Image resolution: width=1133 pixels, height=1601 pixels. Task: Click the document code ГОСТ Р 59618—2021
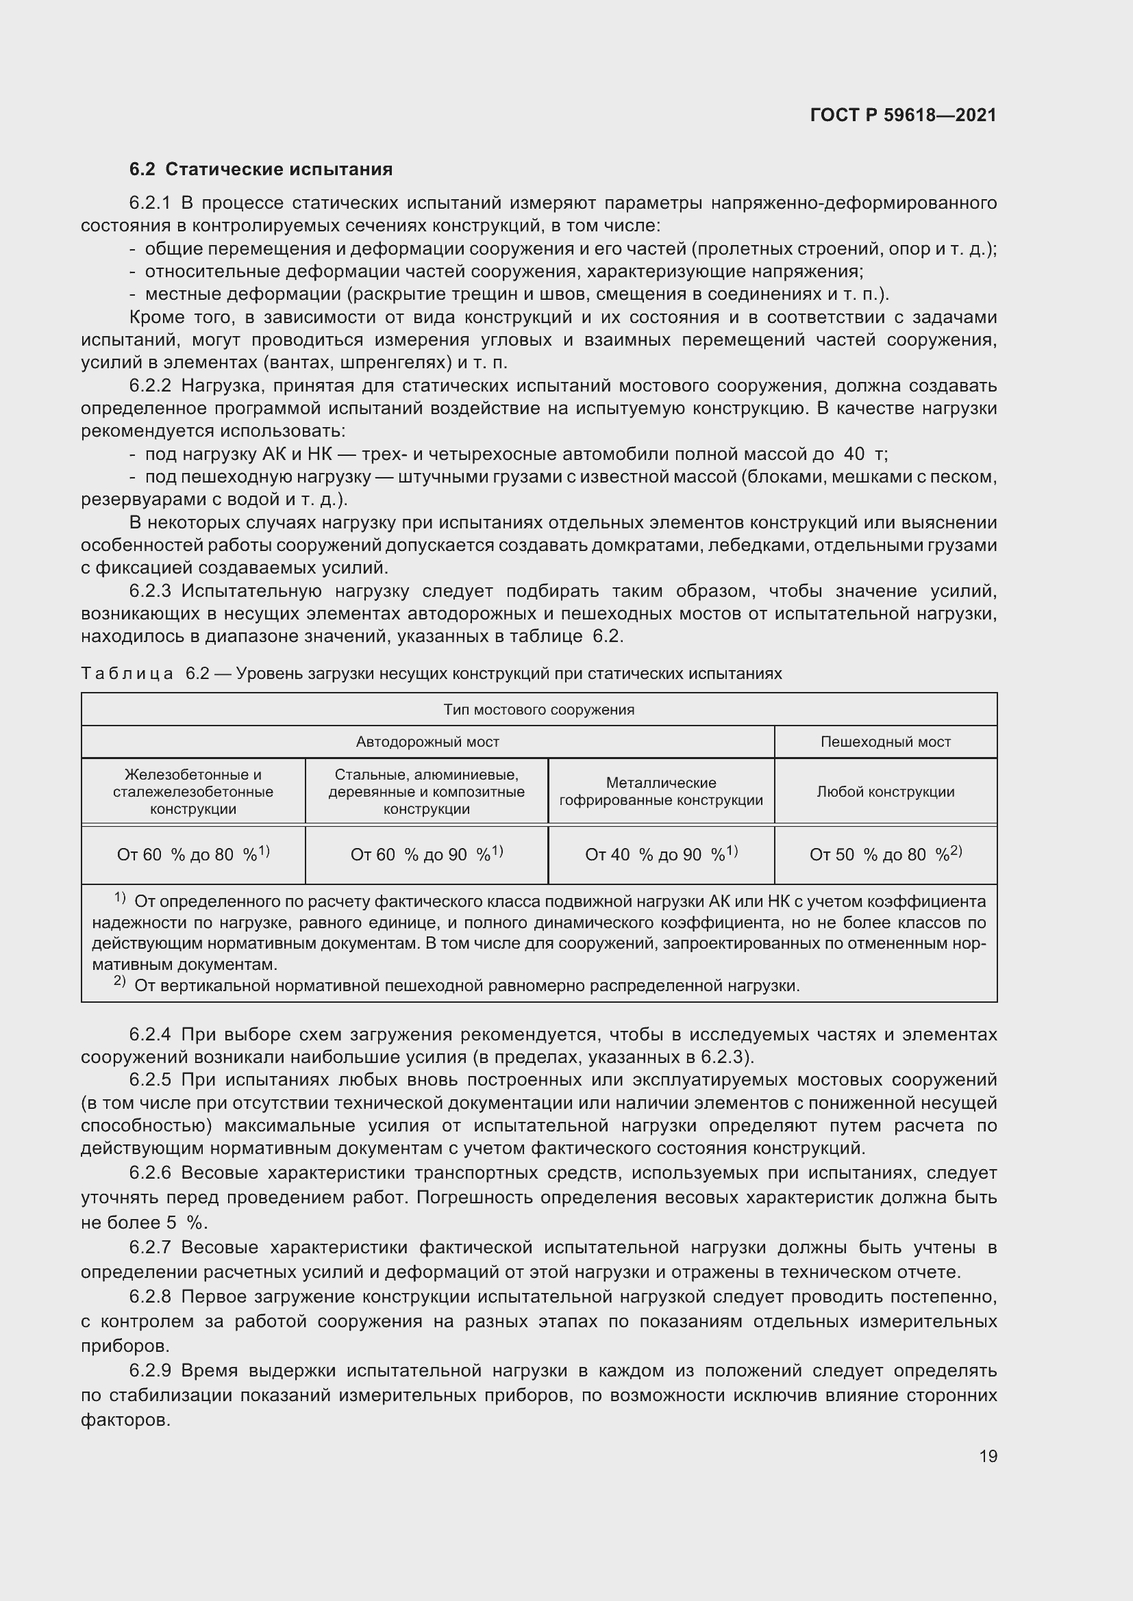[903, 115]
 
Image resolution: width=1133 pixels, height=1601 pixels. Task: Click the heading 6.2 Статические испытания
[261, 170]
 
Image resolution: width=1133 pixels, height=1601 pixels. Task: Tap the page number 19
[988, 1456]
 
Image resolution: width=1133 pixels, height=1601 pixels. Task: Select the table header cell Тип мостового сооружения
[538, 710]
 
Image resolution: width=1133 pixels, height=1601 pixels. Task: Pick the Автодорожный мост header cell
[427, 742]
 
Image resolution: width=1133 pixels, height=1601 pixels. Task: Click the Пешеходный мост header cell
[885, 742]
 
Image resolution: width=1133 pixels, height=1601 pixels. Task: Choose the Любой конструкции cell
[885, 791]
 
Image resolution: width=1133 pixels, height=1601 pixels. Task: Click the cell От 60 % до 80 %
[192, 854]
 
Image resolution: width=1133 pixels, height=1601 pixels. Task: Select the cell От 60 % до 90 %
[426, 854]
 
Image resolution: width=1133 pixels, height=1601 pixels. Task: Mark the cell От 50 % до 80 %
[885, 854]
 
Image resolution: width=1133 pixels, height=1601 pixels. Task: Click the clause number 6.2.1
[150, 203]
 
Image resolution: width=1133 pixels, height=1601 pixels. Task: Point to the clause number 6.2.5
[150, 1080]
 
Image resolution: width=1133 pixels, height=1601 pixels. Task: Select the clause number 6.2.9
[150, 1371]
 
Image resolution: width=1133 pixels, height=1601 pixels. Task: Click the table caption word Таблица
[127, 674]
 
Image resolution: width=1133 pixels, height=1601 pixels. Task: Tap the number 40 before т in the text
[854, 454]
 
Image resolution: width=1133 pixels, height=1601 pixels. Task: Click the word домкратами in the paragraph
[645, 546]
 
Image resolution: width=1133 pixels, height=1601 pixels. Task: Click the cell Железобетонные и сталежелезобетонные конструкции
[192, 791]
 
